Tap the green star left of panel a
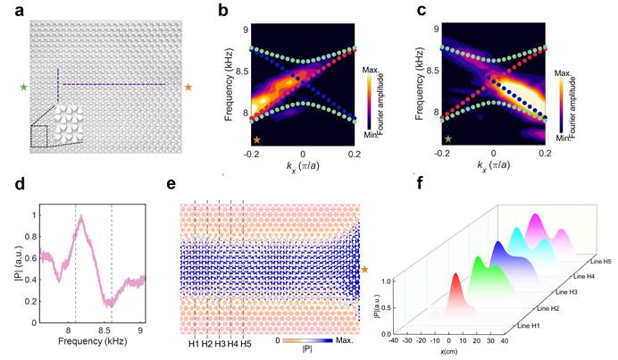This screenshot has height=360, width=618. coord(22,87)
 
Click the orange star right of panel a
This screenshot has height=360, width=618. coord(188,87)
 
